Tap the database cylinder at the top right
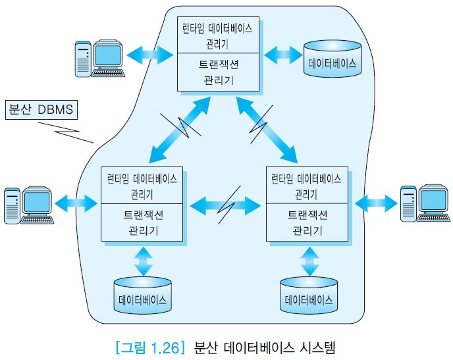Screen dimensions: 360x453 click(333, 59)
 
